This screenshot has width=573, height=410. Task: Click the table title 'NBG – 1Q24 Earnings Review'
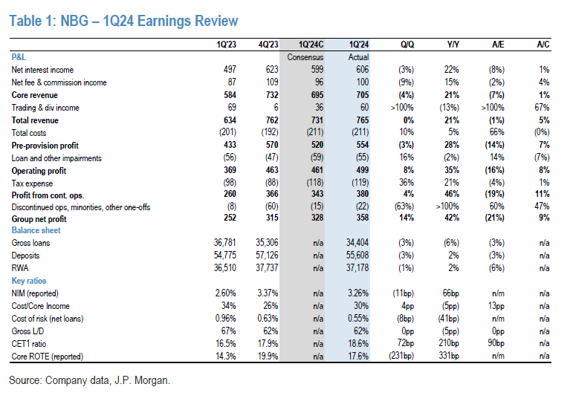point(123,21)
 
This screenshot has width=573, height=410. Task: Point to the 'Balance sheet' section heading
point(36,230)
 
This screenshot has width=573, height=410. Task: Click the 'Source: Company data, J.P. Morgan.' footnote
point(89,380)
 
